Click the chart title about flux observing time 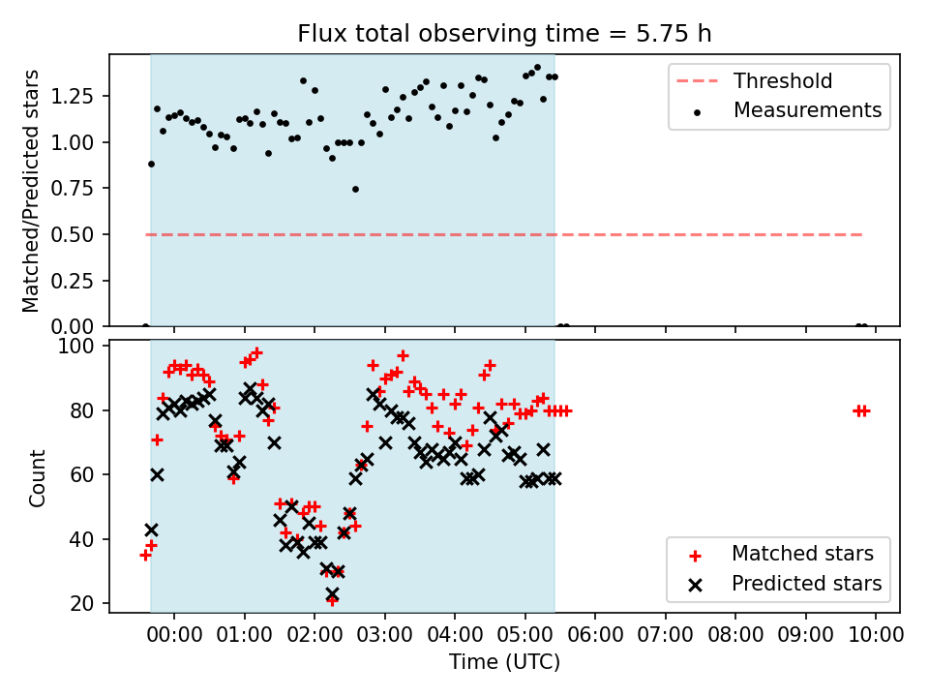coord(504,34)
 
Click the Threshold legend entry coord(754,80)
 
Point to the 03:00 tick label coord(384,635)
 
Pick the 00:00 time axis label coord(174,635)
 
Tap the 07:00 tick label coord(666,635)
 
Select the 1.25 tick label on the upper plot coord(72,96)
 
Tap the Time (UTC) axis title coord(504,662)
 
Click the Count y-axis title coord(37,478)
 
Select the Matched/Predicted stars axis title coord(30,191)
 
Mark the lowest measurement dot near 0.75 coord(355,190)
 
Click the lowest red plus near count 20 coord(332,601)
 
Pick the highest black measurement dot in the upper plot coord(537,68)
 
